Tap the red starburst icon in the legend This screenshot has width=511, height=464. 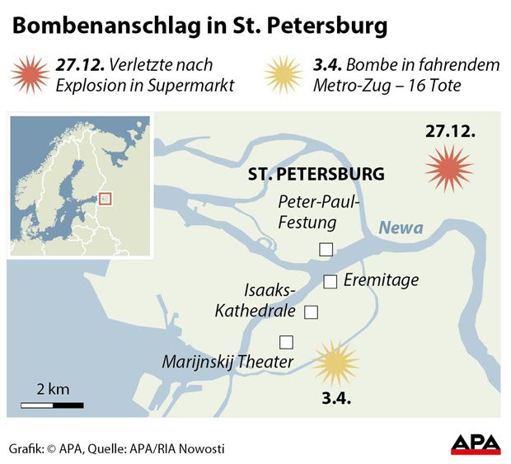point(31,75)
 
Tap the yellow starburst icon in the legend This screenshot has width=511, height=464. point(284,75)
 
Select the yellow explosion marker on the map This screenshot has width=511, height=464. point(336,363)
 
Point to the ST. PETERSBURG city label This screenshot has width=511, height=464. point(316,174)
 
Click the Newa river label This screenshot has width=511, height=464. point(401,228)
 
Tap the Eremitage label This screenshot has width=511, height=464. point(381,280)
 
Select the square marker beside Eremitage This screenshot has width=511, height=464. point(331,282)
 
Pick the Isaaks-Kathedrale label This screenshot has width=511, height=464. point(249,301)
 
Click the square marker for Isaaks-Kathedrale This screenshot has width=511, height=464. point(312,312)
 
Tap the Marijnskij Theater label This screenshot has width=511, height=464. point(227,362)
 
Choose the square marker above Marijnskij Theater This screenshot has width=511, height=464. point(286,341)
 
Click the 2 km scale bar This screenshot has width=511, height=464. point(52,405)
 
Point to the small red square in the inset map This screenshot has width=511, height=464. point(104,198)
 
